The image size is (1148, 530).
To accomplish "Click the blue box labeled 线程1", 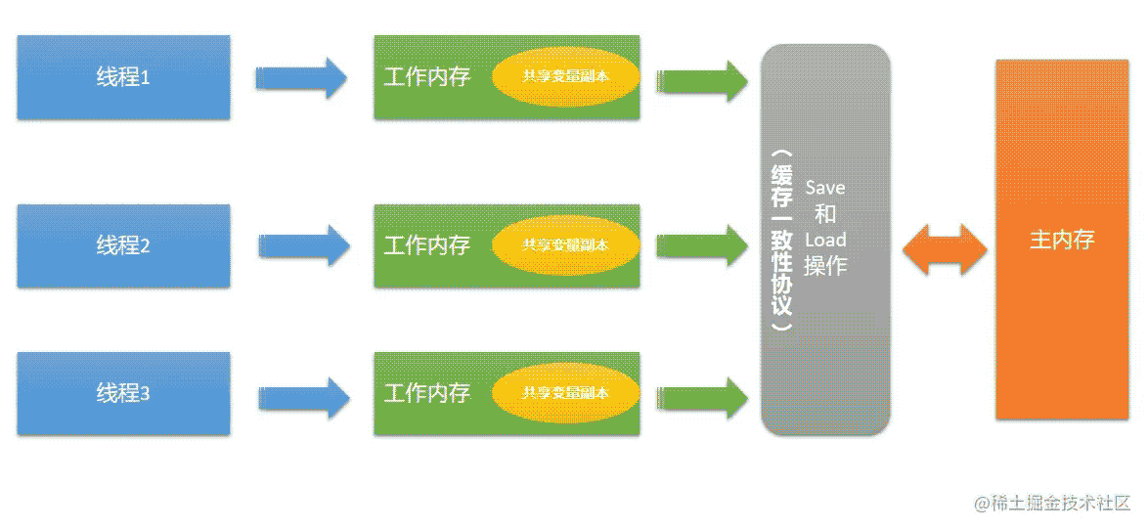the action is [124, 77].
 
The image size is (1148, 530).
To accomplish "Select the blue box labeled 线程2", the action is [124, 246].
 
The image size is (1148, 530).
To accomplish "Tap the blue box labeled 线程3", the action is [124, 394].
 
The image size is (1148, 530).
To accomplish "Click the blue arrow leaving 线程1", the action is [301, 77].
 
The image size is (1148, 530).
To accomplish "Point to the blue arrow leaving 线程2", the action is [304, 246].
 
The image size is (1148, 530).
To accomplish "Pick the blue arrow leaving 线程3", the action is [304, 397].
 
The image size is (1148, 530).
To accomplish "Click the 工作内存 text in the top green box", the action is [427, 77].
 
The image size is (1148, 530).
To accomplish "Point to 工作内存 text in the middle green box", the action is [427, 245].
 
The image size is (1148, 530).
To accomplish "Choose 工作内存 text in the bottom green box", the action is [427, 394].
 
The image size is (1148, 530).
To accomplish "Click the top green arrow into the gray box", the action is [702, 81].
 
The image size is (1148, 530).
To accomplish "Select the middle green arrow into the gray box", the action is [702, 245].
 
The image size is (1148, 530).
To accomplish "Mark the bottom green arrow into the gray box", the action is [702, 397].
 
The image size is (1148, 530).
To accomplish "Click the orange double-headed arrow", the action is [945, 249].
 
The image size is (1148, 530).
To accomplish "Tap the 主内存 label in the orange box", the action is [1062, 240].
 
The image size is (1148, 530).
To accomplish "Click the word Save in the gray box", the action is [825, 188].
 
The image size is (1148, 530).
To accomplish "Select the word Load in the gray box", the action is [825, 240].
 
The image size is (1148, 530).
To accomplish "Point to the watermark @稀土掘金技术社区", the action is [1052, 503].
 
